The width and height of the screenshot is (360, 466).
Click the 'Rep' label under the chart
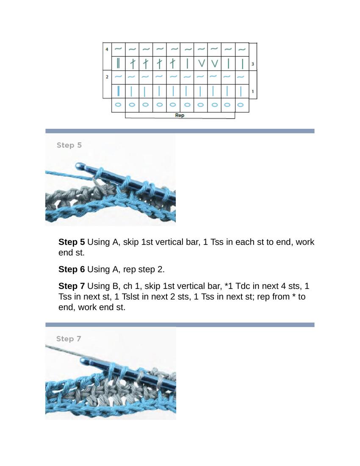(x=180, y=115)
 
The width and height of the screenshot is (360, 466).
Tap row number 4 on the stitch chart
(x=106, y=50)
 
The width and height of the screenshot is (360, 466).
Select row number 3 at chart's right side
(x=253, y=64)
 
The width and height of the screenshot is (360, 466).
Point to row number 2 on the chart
(x=107, y=77)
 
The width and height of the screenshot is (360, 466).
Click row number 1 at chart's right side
(x=253, y=92)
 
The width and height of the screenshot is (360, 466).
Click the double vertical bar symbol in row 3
(x=118, y=64)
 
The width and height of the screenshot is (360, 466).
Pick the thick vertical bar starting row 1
(x=118, y=91)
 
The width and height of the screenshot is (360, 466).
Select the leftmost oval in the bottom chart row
(x=118, y=104)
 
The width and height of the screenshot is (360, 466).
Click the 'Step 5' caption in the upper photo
(x=69, y=145)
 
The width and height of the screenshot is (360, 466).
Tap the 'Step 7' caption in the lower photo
(x=68, y=339)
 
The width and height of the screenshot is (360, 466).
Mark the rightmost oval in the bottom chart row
(x=241, y=104)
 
